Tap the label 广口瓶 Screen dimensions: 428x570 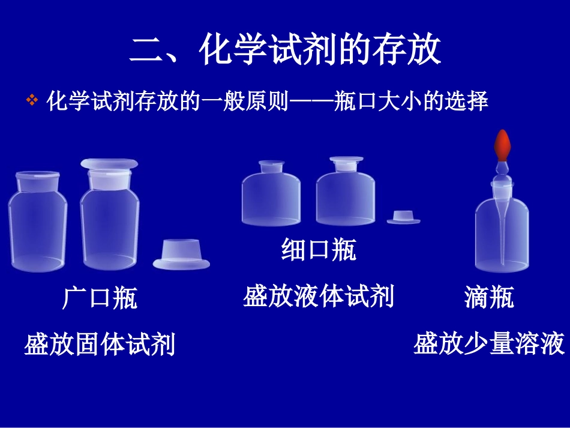click(100, 298)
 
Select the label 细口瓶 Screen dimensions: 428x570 click(319, 250)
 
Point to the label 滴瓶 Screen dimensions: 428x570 click(489, 297)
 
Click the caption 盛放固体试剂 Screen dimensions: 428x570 click(100, 345)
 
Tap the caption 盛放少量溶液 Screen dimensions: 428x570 click(489, 345)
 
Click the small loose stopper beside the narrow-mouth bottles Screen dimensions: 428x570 click(403, 217)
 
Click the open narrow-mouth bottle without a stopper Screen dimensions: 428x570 click(271, 193)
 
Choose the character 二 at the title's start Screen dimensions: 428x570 click(146, 50)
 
